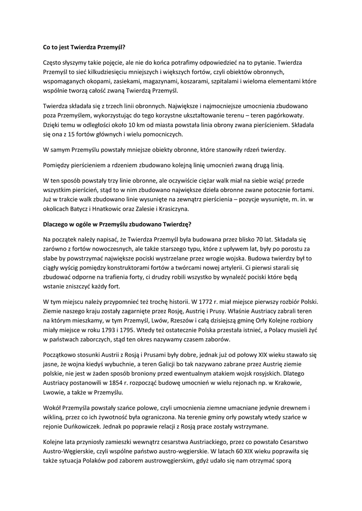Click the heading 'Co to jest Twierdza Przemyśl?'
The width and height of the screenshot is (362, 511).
(x=83, y=49)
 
